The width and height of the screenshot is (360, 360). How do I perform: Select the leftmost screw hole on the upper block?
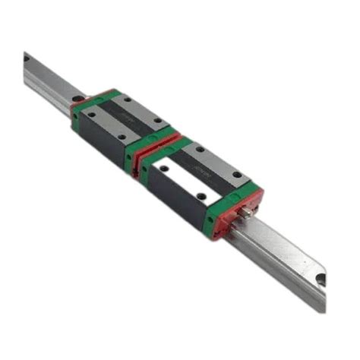(x=92, y=115)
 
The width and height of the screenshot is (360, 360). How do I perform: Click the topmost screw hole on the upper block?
(x=128, y=99)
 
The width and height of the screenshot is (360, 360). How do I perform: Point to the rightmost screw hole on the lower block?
(x=238, y=175)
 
